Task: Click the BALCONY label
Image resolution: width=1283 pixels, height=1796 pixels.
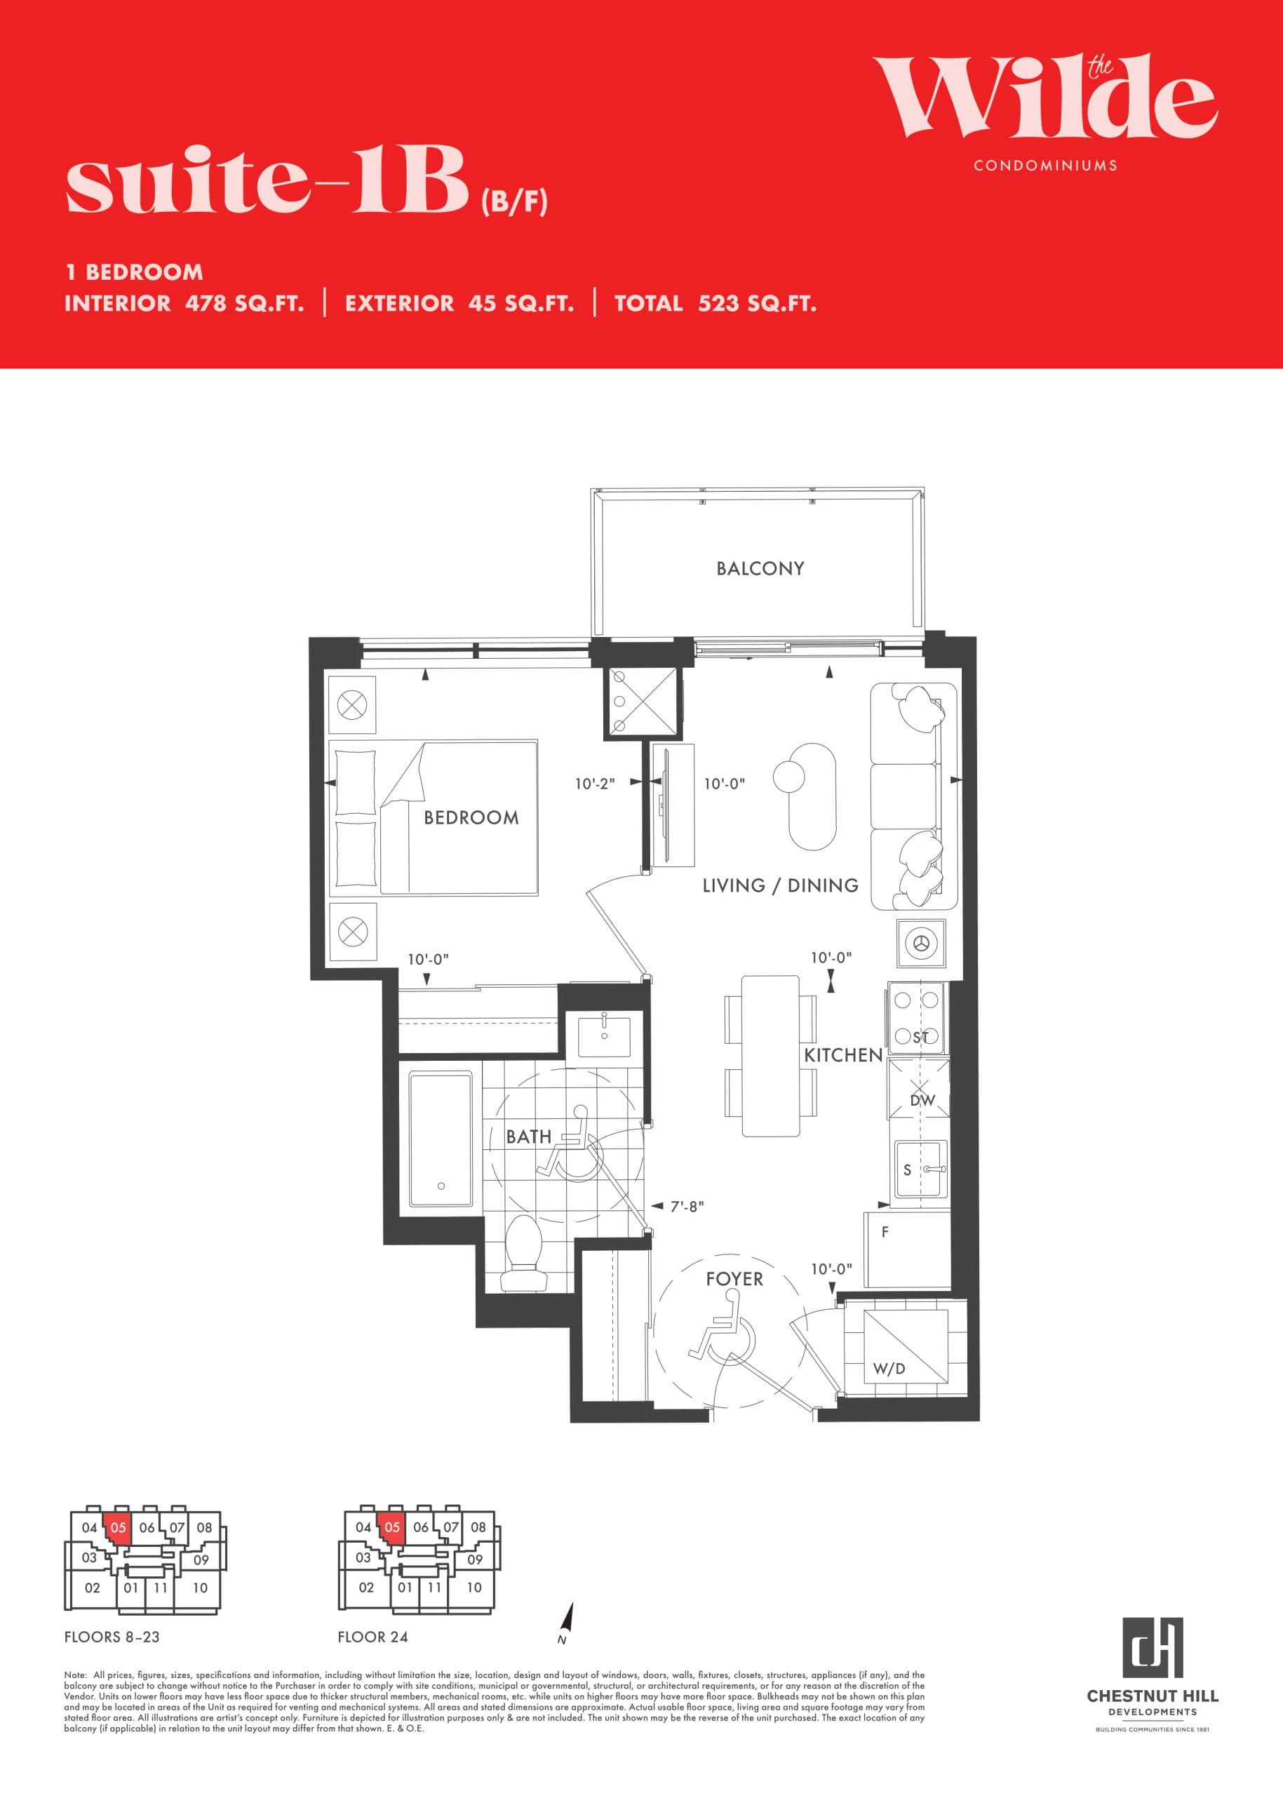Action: (760, 568)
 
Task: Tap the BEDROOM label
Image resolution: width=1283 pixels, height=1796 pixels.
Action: (471, 818)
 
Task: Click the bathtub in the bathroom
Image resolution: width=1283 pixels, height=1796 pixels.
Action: (440, 1138)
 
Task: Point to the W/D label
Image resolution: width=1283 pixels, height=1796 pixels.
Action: (889, 1369)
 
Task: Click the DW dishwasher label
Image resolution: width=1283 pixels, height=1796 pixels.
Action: (922, 1100)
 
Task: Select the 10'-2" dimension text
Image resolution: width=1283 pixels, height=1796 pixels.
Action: (595, 784)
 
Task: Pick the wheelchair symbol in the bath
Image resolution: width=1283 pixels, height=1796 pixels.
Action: (570, 1146)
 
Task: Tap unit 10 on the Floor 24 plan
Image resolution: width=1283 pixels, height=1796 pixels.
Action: (474, 1588)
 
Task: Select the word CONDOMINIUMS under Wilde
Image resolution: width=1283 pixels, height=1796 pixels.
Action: (1045, 165)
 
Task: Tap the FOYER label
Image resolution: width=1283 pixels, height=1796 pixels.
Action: (734, 1279)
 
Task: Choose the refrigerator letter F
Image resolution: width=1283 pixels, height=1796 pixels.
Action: (885, 1232)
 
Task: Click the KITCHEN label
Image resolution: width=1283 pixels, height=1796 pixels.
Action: (843, 1055)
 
